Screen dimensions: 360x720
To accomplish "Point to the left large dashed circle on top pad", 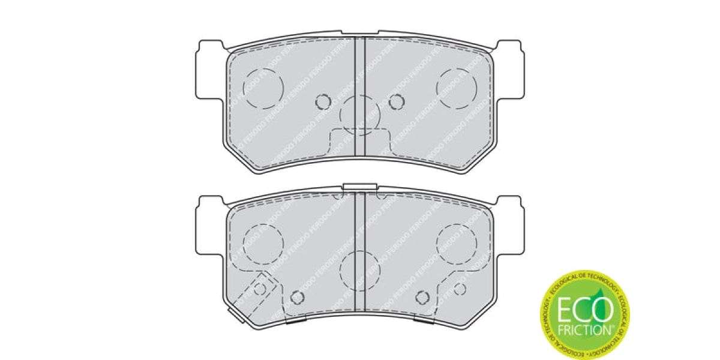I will point(262,88).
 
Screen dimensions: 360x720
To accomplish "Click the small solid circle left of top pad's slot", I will point(323,102).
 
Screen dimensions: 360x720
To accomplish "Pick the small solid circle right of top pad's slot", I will point(395,102).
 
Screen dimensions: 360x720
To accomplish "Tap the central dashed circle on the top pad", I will point(360,113).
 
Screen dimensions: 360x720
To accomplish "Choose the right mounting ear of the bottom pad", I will point(509,223).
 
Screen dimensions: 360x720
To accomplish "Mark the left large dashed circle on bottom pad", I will point(262,242).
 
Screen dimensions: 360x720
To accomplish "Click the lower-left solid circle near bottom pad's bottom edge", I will point(296,298).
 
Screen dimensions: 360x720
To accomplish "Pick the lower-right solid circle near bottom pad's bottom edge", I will point(423,298).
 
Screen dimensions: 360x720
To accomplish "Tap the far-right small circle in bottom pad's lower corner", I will point(460,289).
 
